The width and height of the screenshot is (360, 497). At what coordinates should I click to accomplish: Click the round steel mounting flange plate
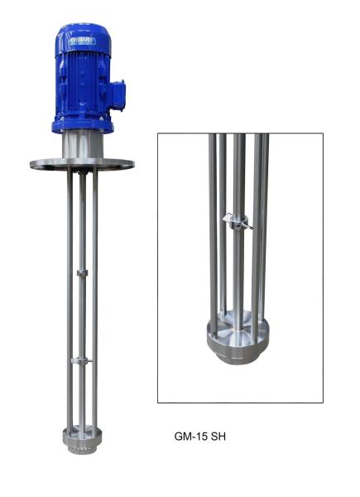[x=82, y=163]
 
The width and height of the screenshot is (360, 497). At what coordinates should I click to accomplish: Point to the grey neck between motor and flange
[x=81, y=146]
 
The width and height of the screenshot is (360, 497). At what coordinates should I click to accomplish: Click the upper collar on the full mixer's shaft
[x=80, y=273]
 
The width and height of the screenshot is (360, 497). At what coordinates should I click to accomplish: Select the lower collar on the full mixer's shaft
[x=80, y=360]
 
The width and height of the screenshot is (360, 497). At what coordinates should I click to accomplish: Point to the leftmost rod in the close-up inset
[x=213, y=232]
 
